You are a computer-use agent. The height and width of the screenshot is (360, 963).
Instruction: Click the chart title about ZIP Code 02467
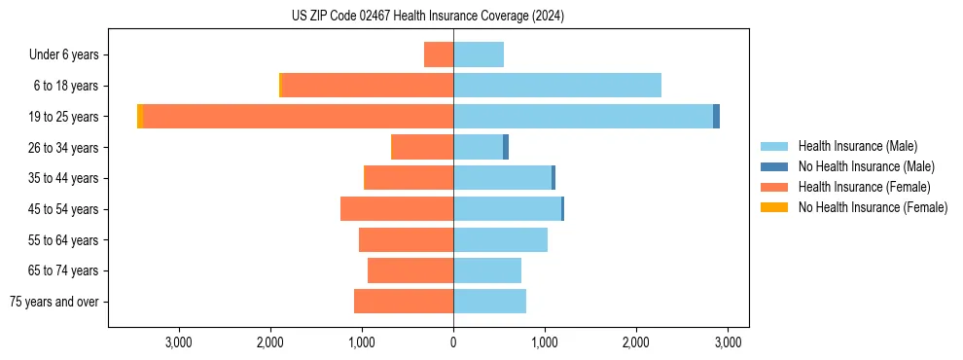pyautogui.click(x=428, y=17)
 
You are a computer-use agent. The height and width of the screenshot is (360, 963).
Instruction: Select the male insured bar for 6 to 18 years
pyautogui.click(x=557, y=86)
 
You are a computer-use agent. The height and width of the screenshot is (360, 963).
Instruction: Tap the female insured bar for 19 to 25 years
pyautogui.click(x=299, y=117)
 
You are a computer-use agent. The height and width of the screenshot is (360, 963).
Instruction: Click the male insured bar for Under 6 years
pyautogui.click(x=479, y=54)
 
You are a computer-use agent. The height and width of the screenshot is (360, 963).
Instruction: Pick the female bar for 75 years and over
pyautogui.click(x=404, y=302)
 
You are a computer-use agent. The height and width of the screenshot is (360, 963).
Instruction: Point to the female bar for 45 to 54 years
pyautogui.click(x=397, y=209)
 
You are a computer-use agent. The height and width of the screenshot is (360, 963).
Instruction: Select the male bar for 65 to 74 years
pyautogui.click(x=487, y=270)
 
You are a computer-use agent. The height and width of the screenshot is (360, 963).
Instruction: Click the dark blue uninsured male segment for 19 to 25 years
pyautogui.click(x=716, y=117)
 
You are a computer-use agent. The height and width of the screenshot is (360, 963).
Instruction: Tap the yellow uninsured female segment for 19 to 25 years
pyautogui.click(x=140, y=117)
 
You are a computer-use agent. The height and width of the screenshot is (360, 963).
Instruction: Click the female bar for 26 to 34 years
pyautogui.click(x=422, y=147)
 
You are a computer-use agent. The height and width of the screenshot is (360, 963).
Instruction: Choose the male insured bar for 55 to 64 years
pyautogui.click(x=500, y=239)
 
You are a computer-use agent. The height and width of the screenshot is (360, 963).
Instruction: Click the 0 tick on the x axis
pyautogui.click(x=453, y=342)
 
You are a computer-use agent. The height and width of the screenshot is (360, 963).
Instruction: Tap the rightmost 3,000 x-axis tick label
pyautogui.click(x=729, y=342)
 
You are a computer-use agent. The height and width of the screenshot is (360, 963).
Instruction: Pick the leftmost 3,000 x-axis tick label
pyautogui.click(x=178, y=342)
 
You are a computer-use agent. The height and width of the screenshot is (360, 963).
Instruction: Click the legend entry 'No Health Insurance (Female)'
pyautogui.click(x=872, y=207)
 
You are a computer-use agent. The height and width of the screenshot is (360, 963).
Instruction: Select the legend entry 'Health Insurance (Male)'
pyautogui.click(x=857, y=146)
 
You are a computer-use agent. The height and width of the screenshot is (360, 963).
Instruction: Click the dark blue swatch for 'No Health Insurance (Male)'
pyautogui.click(x=774, y=166)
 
